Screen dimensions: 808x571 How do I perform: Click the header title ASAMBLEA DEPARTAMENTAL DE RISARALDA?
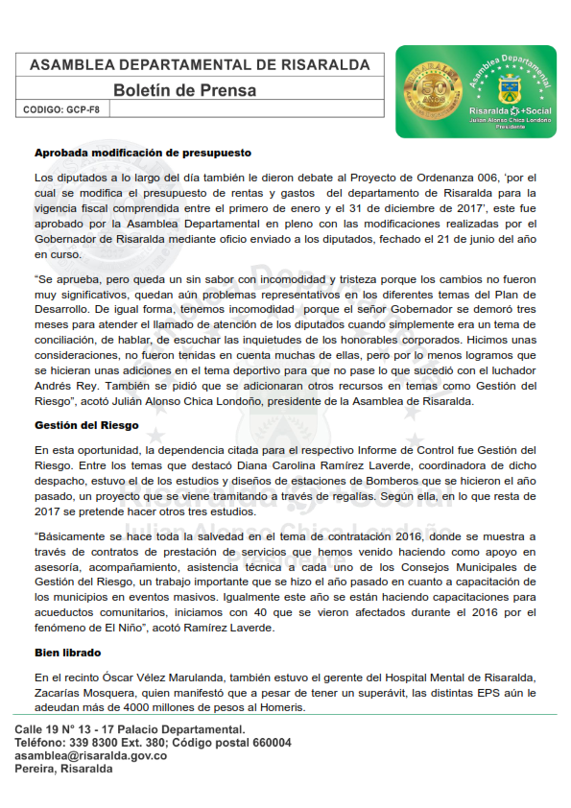click(200, 65)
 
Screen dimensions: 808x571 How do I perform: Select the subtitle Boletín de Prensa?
click(185, 90)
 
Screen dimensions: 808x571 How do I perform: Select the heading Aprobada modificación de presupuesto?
click(143, 153)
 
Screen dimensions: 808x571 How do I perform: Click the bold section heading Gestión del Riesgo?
click(86, 424)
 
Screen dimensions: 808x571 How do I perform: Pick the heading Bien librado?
click(69, 653)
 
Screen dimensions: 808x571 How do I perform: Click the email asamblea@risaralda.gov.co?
click(91, 756)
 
